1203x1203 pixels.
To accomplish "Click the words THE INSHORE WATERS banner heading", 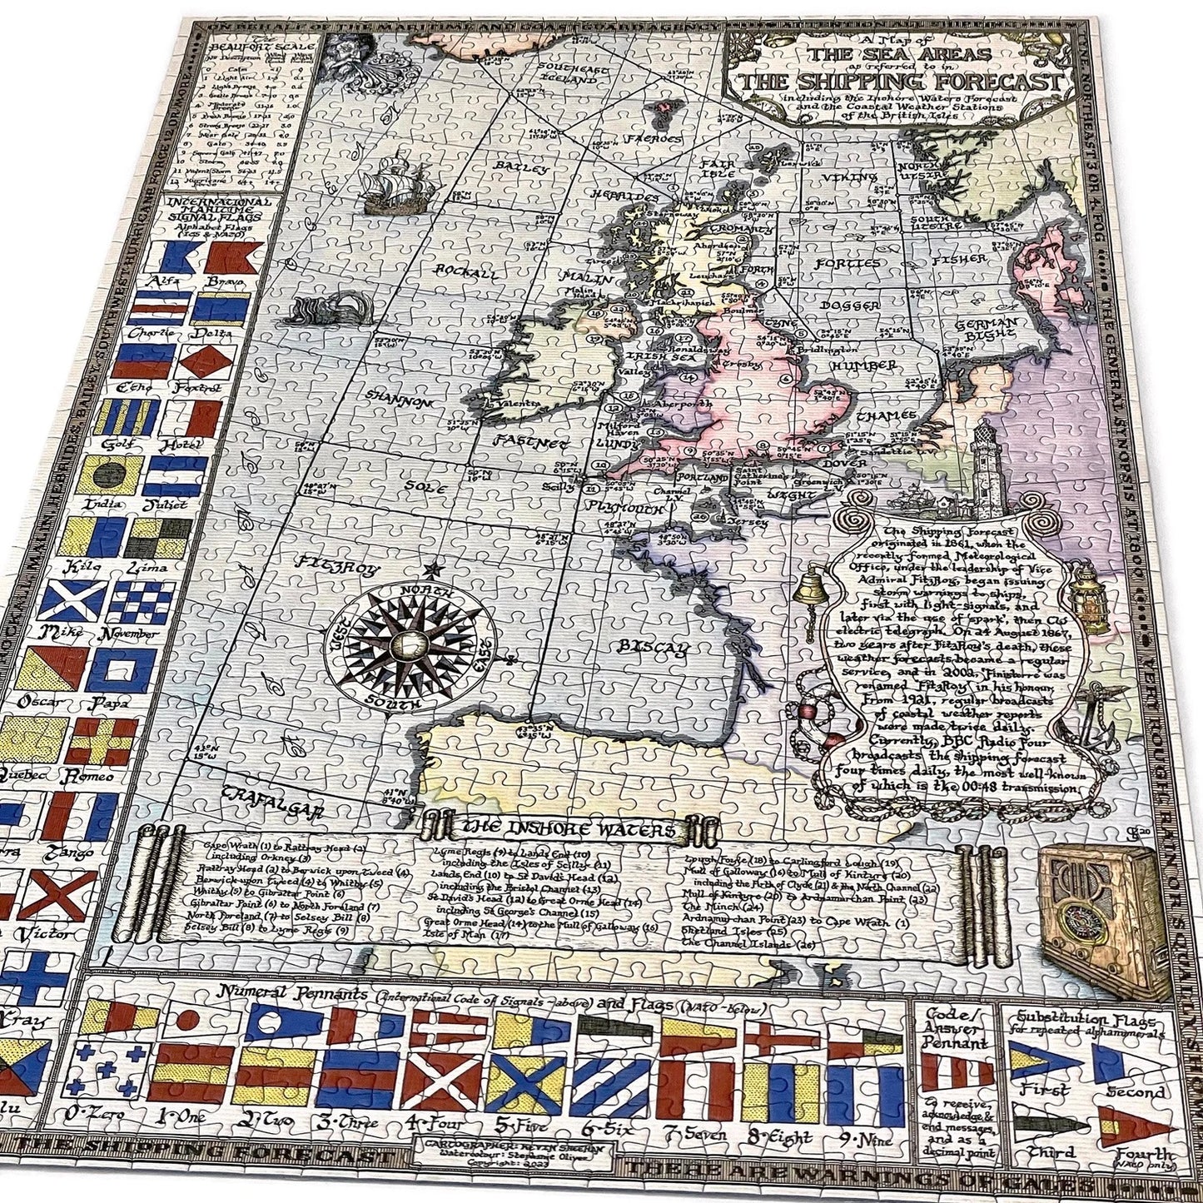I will (x=567, y=830).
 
